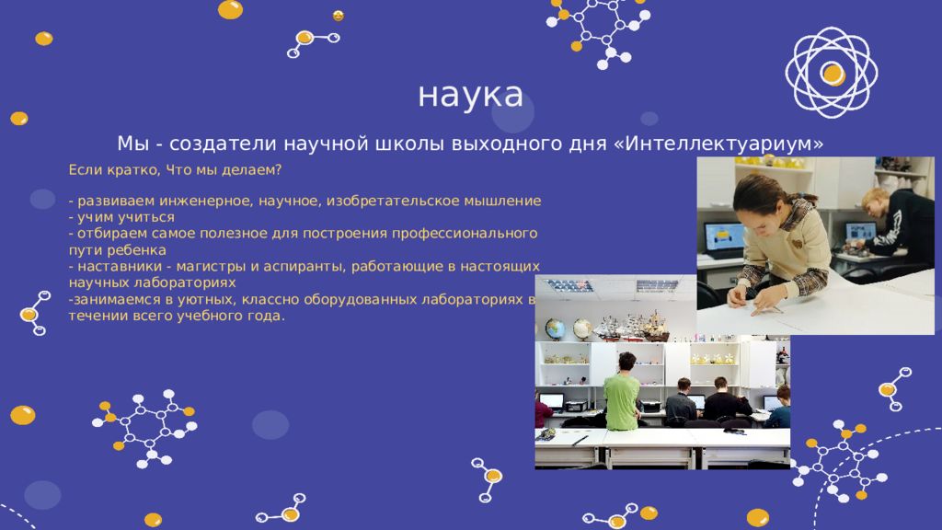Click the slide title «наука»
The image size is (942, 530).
click(470, 96)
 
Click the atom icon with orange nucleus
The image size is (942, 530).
click(832, 73)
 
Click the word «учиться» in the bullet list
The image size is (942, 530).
click(149, 217)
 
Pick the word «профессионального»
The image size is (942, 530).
click(465, 234)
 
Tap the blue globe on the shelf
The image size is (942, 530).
click(555, 329)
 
